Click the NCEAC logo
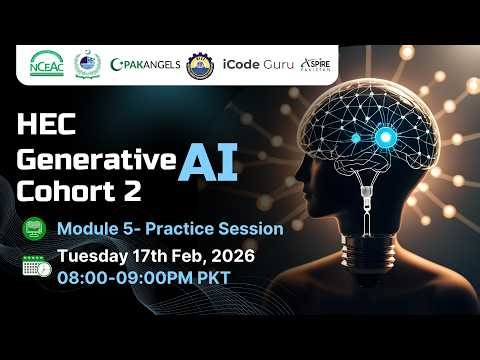48,63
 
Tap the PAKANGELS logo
147,64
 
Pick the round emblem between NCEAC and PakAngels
90,64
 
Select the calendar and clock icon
36,266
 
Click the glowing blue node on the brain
383,137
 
